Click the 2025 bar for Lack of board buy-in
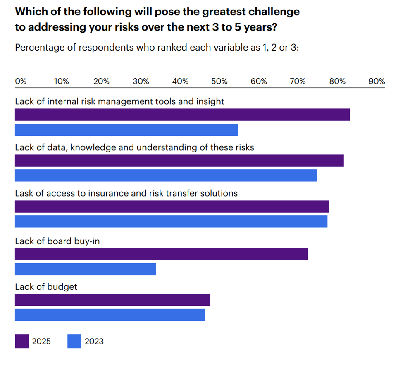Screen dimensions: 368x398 click(161, 254)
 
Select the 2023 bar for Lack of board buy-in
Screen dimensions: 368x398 click(86, 269)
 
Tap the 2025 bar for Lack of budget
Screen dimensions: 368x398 click(112, 300)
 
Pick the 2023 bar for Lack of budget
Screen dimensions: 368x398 click(110, 315)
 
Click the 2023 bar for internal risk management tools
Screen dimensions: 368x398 click(126, 130)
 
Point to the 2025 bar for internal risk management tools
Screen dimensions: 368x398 click(182, 115)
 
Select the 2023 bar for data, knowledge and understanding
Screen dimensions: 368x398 click(166, 176)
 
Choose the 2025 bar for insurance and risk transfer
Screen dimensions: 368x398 click(172, 207)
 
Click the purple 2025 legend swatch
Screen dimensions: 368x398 click(22, 342)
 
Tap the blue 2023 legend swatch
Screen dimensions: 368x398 click(74, 342)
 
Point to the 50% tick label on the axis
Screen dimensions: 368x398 click(219, 81)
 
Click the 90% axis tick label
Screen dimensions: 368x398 click(377, 81)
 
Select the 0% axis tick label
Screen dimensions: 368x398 click(21, 81)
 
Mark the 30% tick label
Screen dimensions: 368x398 click(141, 81)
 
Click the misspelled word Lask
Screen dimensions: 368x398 click(24, 193)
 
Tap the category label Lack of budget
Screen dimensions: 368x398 click(46, 286)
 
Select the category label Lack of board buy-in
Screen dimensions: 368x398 click(57, 241)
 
